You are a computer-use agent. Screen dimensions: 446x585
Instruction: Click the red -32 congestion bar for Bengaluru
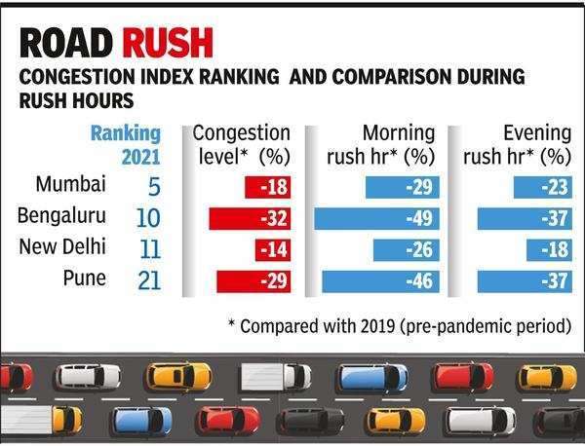pyautogui.click(x=251, y=217)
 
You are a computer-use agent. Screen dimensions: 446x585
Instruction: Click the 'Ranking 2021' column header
pyautogui.click(x=126, y=144)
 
